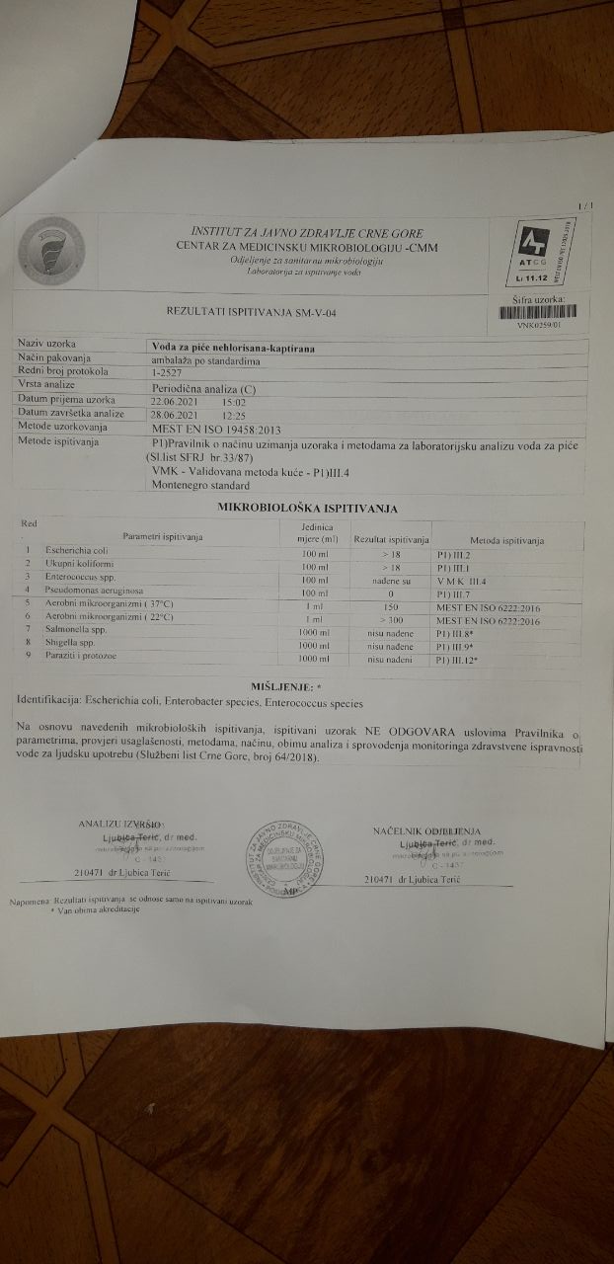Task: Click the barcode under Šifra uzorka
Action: tap(538, 311)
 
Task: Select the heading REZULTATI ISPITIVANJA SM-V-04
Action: tap(259, 312)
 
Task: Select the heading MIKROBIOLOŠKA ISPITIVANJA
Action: tap(308, 508)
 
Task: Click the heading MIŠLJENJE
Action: tap(294, 685)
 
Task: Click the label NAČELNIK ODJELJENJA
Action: tap(426, 831)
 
